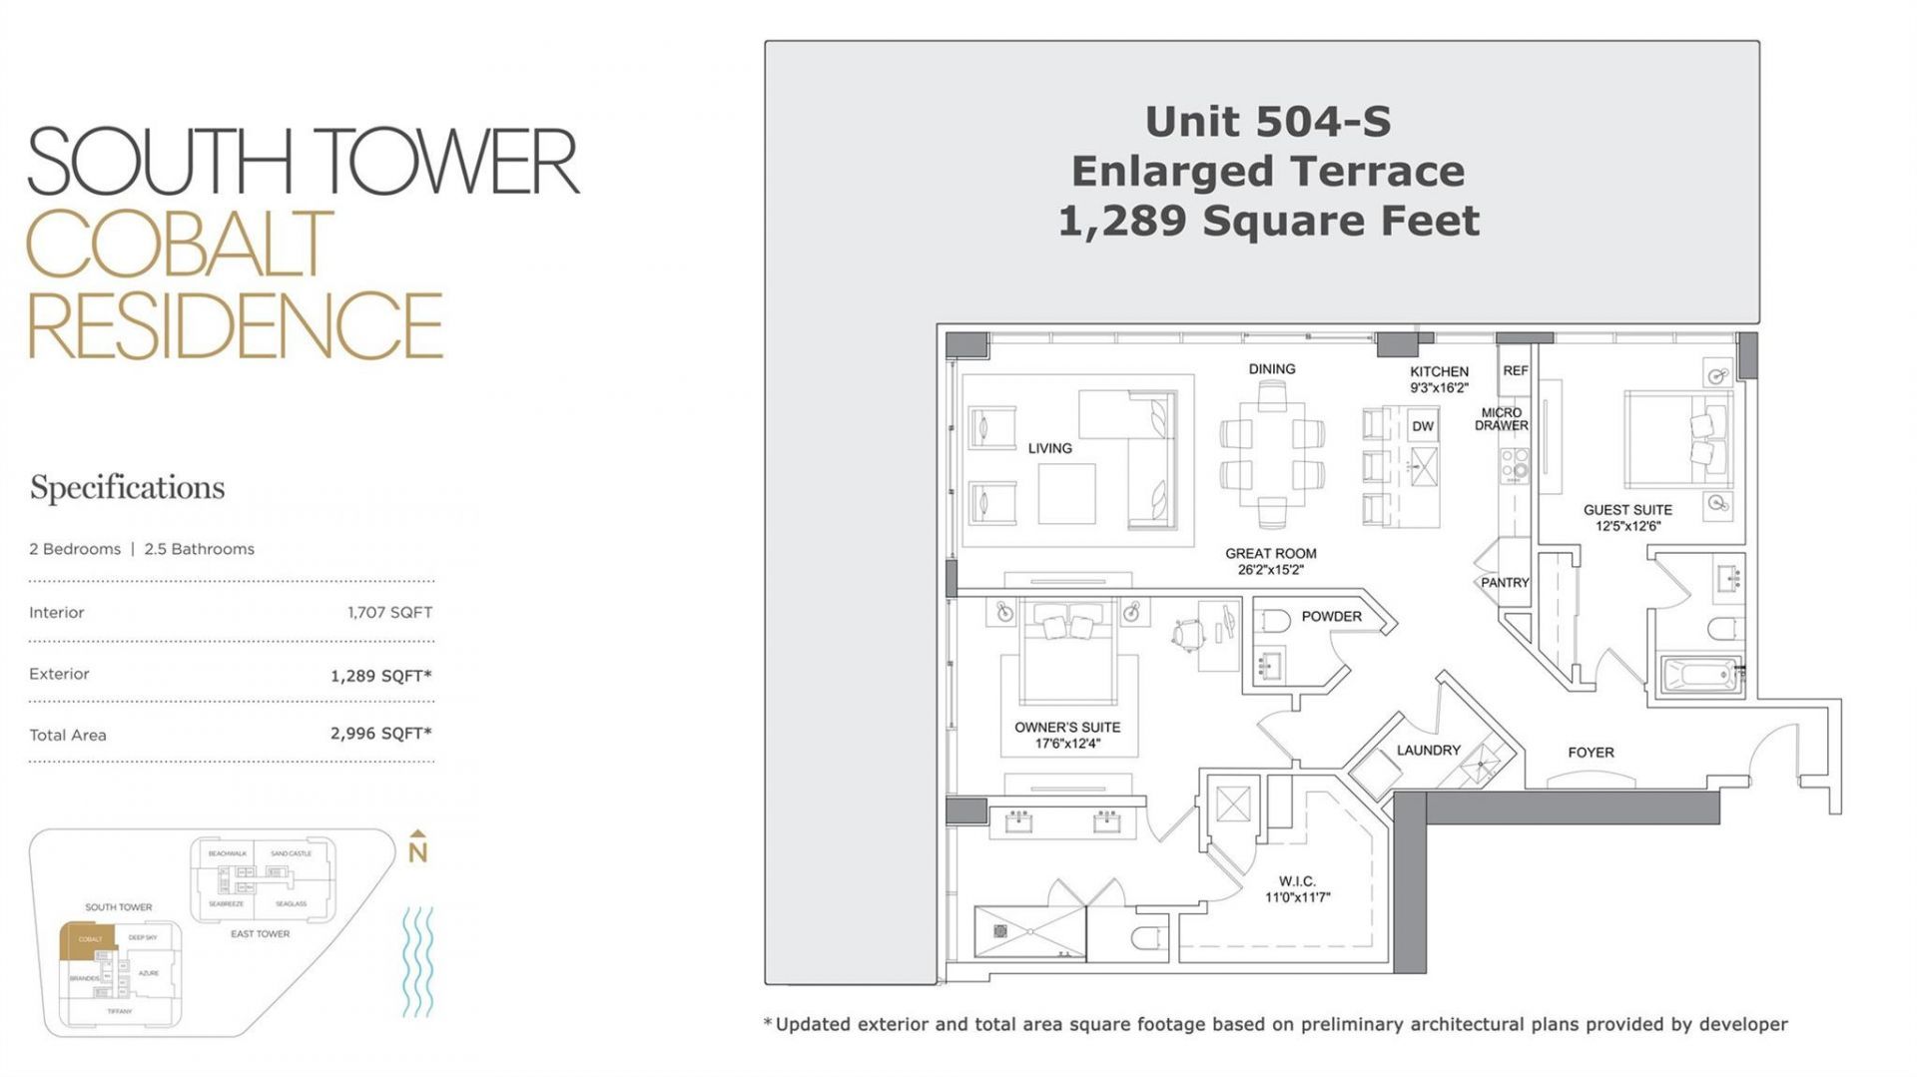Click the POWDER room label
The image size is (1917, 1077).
1331,617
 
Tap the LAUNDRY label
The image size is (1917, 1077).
1428,751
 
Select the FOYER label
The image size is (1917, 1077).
1591,753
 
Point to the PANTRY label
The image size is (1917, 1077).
1505,583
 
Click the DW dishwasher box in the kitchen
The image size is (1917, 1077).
1423,426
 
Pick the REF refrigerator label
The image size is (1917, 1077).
1515,370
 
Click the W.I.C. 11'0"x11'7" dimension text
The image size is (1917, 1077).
1297,897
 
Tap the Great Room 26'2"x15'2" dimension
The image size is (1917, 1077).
1270,570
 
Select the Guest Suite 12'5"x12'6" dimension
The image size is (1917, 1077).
1627,526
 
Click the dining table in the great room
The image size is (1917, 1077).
1271,454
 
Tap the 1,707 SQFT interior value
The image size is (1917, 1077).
389,613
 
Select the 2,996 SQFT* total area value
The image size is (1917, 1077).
380,734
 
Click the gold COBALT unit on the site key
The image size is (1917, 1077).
88,940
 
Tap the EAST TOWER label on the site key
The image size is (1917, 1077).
260,934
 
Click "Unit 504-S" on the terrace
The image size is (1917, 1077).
1267,122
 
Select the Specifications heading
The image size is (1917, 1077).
127,488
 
